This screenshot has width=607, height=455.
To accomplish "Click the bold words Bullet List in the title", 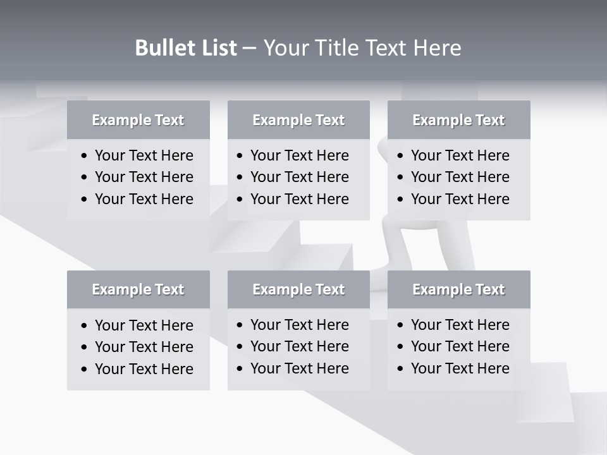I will coord(186,48).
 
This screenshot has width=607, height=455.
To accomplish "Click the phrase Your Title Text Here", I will coord(362,48).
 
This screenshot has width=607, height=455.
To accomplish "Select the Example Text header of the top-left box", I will coord(138,120).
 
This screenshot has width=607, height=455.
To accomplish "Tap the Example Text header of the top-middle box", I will coord(298,120).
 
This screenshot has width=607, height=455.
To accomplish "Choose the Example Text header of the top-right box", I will coord(458,120).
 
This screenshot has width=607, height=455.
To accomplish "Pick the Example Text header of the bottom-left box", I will coord(138,289).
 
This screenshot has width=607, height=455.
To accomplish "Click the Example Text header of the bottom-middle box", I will coord(298,289).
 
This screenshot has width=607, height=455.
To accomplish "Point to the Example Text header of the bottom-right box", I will coord(458,289).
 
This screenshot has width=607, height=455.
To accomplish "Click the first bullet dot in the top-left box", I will coord(85,156).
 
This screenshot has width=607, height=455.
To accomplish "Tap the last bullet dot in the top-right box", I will coord(400,200).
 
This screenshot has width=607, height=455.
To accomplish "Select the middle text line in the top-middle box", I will coord(299,177).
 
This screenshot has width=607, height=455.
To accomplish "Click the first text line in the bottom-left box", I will coord(144,325).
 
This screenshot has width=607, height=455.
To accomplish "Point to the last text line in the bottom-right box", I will coord(460,368).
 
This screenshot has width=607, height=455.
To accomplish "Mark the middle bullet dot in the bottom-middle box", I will coord(240,347).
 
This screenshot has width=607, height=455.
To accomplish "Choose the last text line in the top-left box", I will coord(144,199).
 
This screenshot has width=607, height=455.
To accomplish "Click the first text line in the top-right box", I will coord(460,155).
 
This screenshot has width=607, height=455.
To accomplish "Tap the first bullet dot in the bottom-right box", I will coord(400,325).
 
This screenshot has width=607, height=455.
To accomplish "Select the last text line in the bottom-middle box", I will coord(299,368).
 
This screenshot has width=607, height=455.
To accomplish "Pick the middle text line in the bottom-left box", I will coord(144,347).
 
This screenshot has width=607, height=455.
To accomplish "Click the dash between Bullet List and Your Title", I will coord(250,49).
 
